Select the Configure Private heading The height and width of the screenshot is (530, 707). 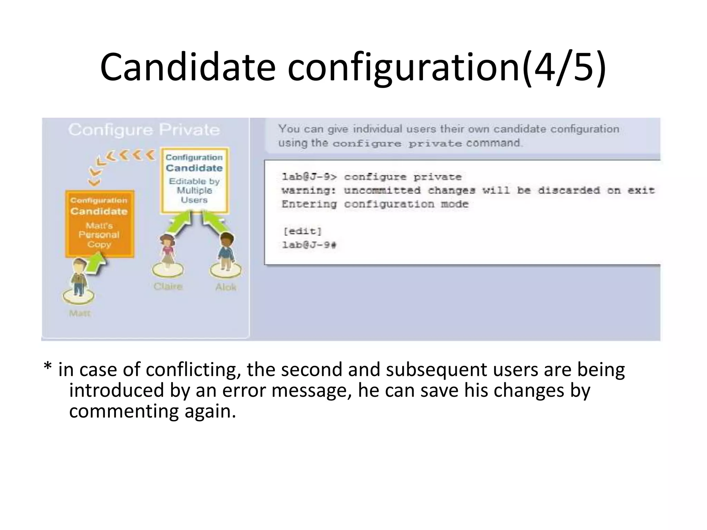[x=144, y=130]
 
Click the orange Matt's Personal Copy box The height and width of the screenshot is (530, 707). [x=99, y=223]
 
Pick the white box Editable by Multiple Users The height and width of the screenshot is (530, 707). [x=194, y=180]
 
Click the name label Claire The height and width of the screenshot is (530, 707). [x=168, y=286]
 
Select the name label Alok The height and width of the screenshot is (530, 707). [x=226, y=287]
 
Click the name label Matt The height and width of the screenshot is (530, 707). [x=79, y=313]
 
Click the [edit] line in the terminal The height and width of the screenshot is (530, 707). [x=302, y=231]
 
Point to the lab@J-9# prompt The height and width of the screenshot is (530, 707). [x=309, y=245]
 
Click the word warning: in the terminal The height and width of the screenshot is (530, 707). [x=309, y=190]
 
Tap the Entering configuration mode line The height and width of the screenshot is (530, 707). [x=375, y=204]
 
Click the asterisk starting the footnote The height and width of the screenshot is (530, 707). [x=48, y=369]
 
